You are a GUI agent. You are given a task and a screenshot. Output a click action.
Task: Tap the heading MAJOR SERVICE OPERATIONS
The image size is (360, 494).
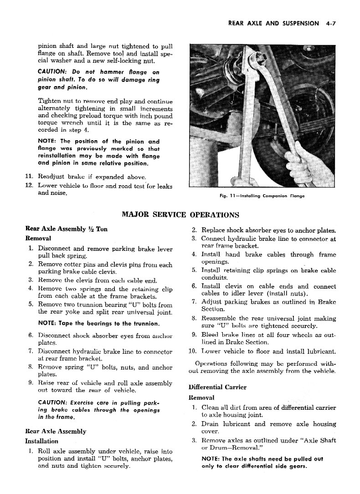click(x=180, y=214)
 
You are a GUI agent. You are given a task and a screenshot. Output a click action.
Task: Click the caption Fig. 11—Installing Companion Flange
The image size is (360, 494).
click(x=262, y=196)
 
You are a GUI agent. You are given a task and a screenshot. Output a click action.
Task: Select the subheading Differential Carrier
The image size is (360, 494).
click(x=217, y=387)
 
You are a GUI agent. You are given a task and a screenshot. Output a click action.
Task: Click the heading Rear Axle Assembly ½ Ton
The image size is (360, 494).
click(x=67, y=229)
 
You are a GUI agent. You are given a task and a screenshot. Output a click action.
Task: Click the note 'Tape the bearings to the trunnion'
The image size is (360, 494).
click(x=98, y=324)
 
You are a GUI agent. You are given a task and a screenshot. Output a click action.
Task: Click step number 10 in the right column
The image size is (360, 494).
click(x=192, y=351)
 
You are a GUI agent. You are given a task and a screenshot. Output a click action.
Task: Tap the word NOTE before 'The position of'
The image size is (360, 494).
click(x=48, y=141)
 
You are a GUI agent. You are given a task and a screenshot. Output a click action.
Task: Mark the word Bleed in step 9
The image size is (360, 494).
click(x=211, y=335)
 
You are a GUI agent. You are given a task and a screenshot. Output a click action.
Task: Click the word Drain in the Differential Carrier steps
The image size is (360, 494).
click(x=211, y=424)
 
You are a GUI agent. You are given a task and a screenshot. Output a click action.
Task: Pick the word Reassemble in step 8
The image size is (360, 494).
click(x=220, y=318)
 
